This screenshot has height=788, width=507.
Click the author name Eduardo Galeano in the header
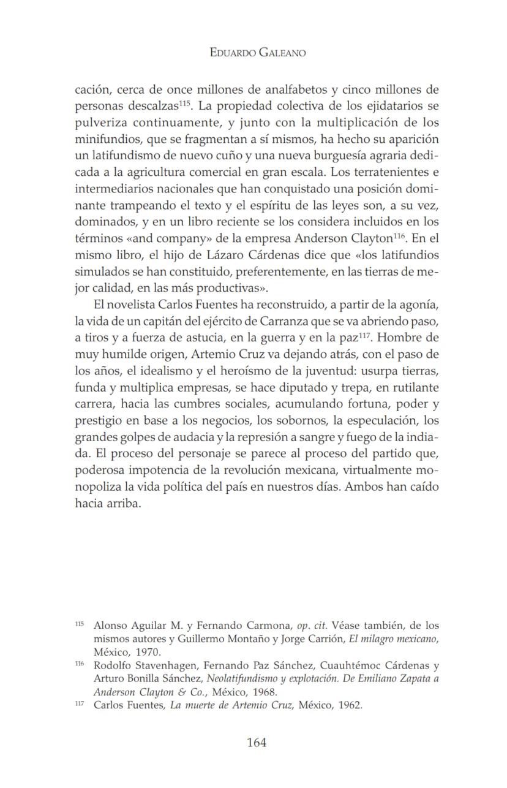coord(257,53)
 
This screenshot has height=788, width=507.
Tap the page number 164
coord(257,743)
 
